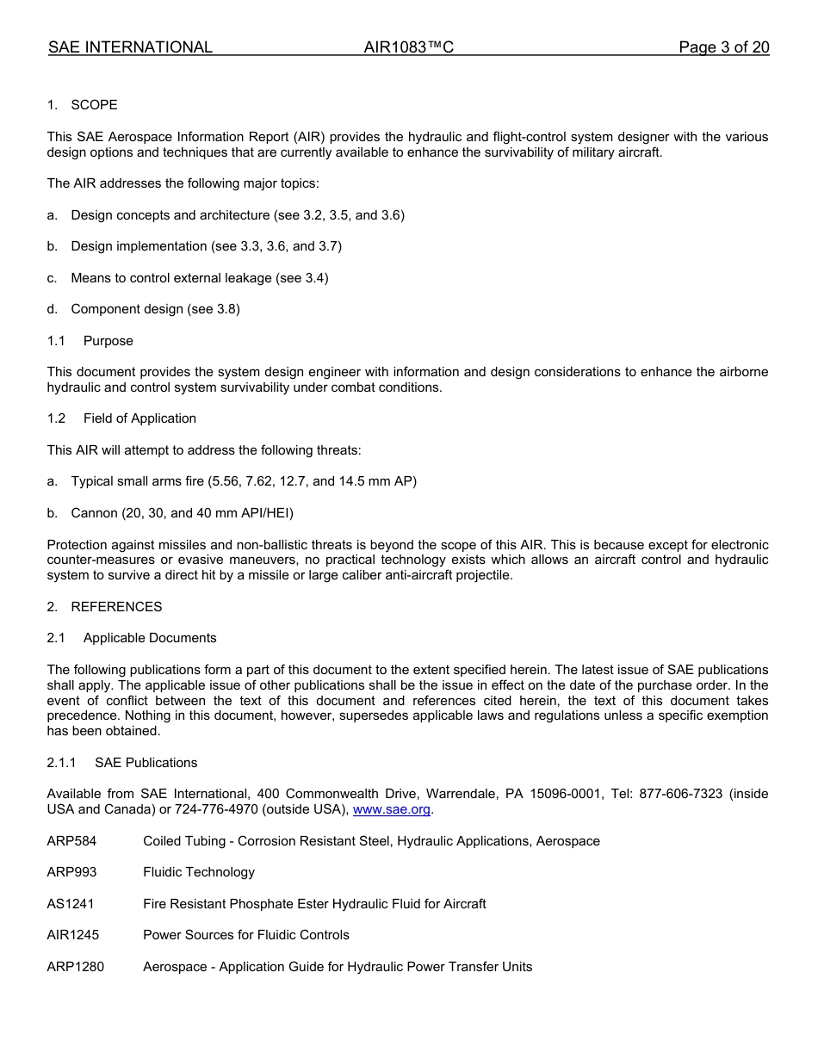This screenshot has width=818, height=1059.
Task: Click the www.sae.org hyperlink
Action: (391, 809)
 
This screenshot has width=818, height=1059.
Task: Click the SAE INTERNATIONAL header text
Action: (130, 47)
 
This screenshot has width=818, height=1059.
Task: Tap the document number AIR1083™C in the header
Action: (408, 47)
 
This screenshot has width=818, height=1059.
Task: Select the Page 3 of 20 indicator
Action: (723, 47)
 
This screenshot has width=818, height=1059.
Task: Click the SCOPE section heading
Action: (94, 105)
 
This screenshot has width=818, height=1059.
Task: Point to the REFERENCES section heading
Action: (116, 607)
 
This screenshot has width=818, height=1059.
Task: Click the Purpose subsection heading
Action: (108, 341)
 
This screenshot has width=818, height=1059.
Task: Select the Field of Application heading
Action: (139, 418)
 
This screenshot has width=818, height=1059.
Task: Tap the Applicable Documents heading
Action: (150, 638)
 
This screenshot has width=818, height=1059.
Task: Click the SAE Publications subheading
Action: (146, 763)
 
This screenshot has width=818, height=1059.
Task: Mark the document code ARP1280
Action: (75, 967)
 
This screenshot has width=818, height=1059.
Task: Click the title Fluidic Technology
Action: (199, 872)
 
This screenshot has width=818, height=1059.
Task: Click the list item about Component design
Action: (155, 309)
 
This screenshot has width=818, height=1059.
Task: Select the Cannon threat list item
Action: (182, 513)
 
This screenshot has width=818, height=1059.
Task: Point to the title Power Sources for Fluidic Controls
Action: (246, 935)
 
